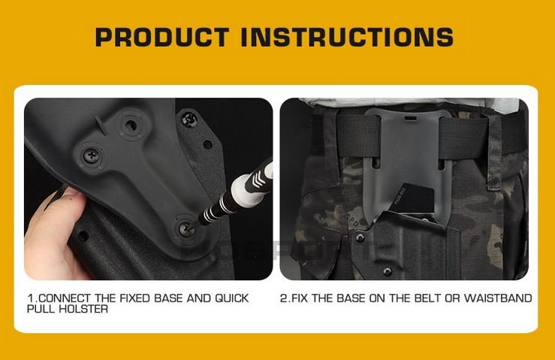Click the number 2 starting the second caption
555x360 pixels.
[x=283, y=298]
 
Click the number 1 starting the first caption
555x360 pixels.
[x=30, y=298]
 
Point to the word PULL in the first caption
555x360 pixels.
[x=43, y=309]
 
